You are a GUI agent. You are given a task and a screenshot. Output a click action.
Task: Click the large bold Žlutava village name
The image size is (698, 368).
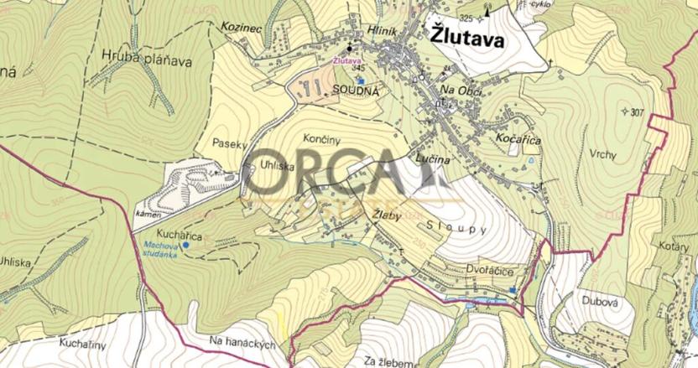pos(466,37)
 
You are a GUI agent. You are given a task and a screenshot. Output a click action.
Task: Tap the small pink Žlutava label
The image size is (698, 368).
pos(346,60)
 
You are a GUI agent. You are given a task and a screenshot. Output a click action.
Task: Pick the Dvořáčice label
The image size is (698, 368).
pos(501,272)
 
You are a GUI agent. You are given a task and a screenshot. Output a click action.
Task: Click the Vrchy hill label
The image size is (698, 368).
pos(602,154)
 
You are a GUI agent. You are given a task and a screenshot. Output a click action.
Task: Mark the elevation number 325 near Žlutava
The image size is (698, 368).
pos(466,18)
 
